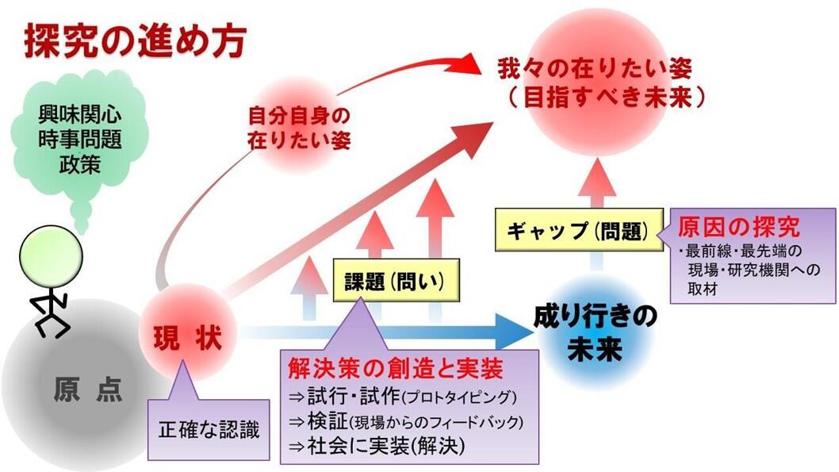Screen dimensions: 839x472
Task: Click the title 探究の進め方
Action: [x=136, y=41]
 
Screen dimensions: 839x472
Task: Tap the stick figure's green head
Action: [x=51, y=257]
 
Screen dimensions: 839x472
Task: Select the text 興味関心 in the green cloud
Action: [x=80, y=114]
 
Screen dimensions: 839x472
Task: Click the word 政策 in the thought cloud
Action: [x=80, y=163]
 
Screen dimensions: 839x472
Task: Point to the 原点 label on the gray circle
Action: [x=88, y=389]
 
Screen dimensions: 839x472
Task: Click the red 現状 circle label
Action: [x=187, y=338]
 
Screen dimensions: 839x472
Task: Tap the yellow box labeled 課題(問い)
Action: [x=396, y=280]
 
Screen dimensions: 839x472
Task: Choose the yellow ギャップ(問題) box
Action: [x=579, y=231]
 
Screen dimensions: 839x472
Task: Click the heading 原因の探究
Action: [x=738, y=227]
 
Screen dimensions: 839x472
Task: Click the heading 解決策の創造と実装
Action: [x=395, y=369]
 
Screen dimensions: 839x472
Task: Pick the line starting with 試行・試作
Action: [x=402, y=397]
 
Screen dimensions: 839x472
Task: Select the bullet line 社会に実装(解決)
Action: [x=377, y=445]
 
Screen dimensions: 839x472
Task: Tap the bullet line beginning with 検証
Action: [x=405, y=421]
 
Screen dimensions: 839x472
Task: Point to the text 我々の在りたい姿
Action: [x=595, y=68]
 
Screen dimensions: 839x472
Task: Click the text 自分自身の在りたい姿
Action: [x=299, y=128]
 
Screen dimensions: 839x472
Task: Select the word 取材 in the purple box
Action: [x=702, y=289]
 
